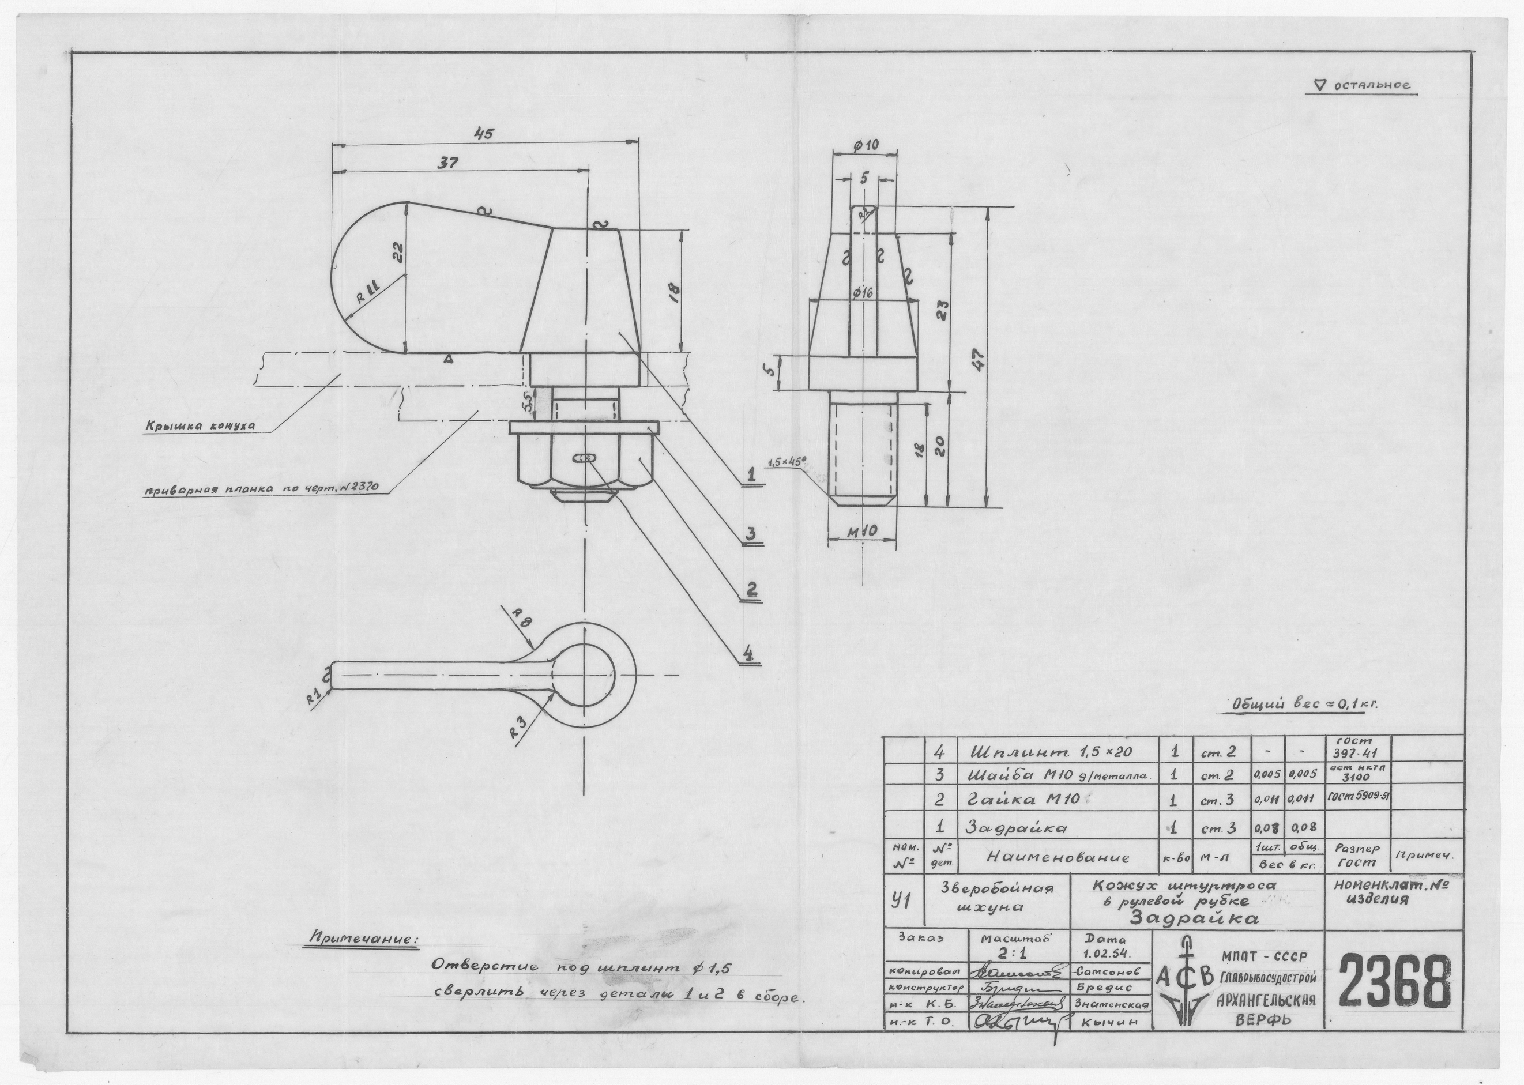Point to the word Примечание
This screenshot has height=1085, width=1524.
click(x=362, y=939)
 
